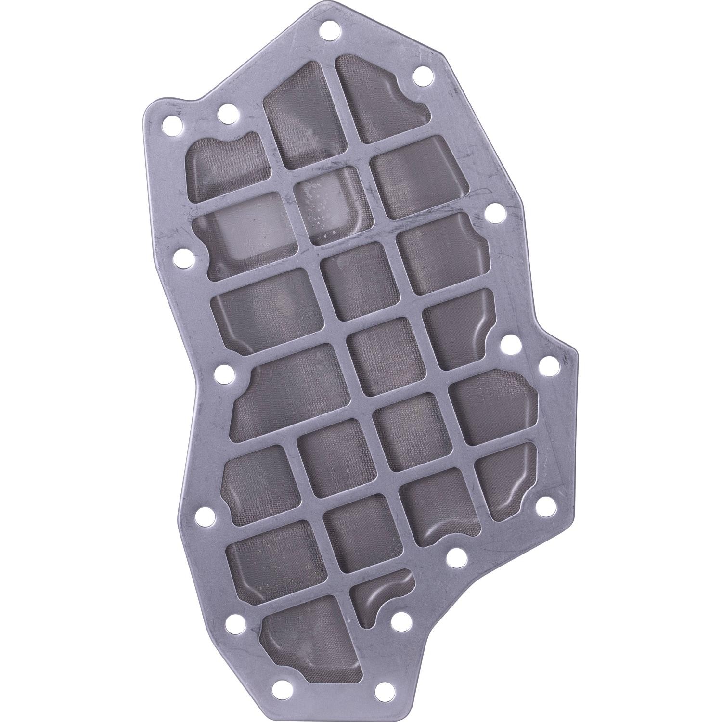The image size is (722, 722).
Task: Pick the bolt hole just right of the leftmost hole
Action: [225, 115]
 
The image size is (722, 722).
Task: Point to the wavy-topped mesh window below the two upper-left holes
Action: [224, 166]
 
